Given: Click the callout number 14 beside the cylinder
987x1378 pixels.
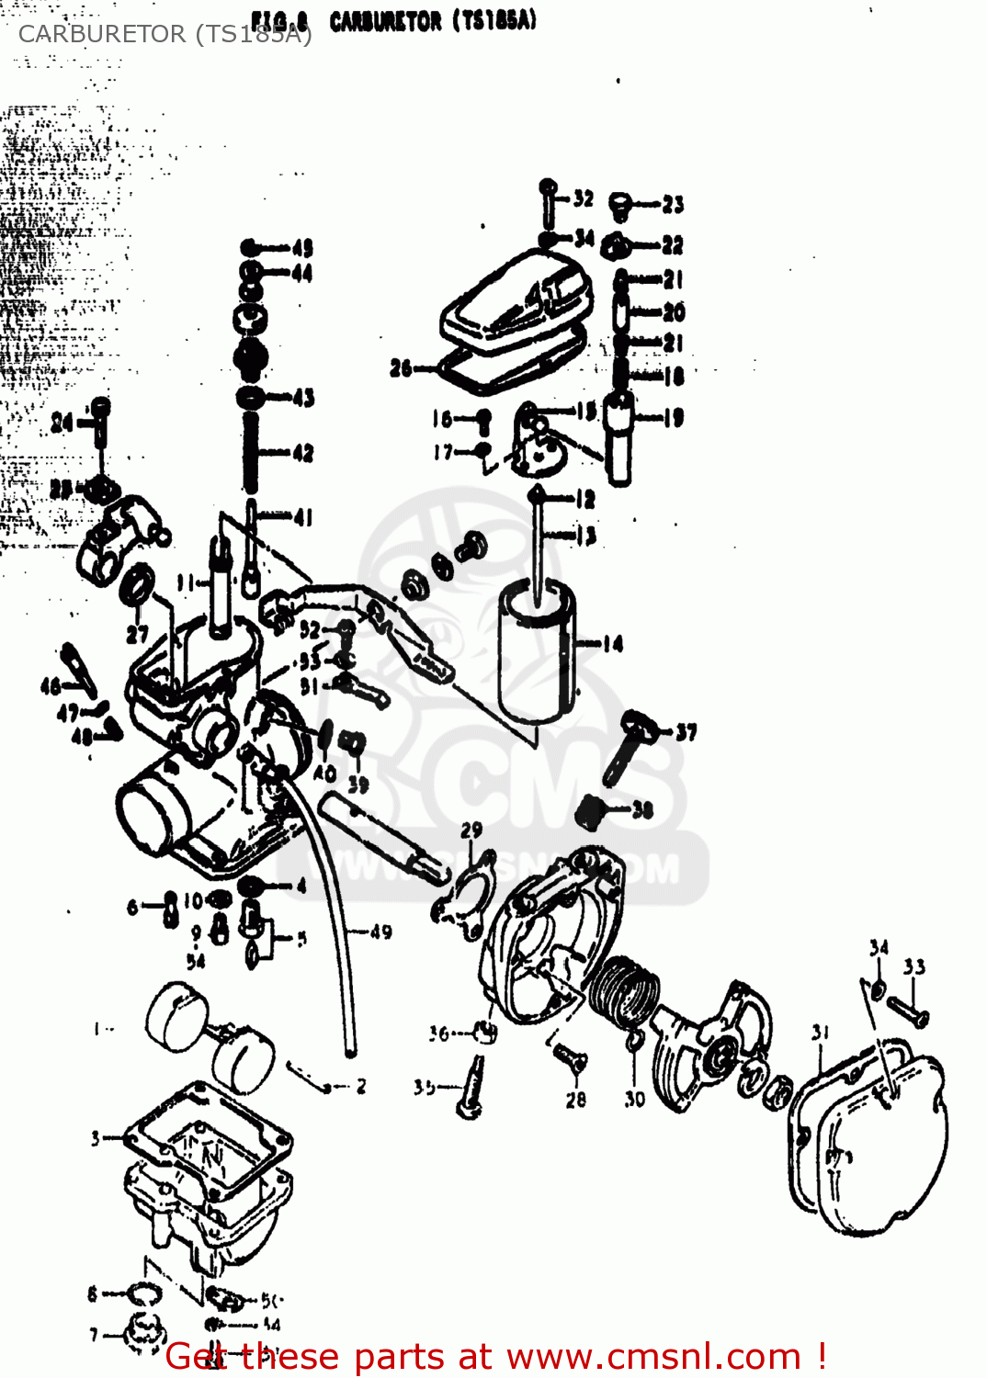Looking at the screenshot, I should pos(613,644).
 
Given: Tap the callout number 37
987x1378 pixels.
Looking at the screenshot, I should pos(686,732).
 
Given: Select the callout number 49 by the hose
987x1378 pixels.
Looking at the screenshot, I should pos(381,932).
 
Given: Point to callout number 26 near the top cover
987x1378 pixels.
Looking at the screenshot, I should pos(401,368).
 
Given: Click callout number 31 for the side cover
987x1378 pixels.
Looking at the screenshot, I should pos(821,1033).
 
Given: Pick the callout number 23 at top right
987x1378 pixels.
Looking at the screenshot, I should pos(674,204).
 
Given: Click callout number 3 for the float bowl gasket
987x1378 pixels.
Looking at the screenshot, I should pos(95,1138).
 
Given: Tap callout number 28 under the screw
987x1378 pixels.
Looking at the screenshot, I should pos(576,1099).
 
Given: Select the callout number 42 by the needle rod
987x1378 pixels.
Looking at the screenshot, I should pos(303,453).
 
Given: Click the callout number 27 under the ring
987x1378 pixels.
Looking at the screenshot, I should pos(137,634).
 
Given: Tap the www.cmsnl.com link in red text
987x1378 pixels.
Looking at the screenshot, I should pos(653,1356).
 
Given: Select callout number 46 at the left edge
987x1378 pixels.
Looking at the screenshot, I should pos(51,685).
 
